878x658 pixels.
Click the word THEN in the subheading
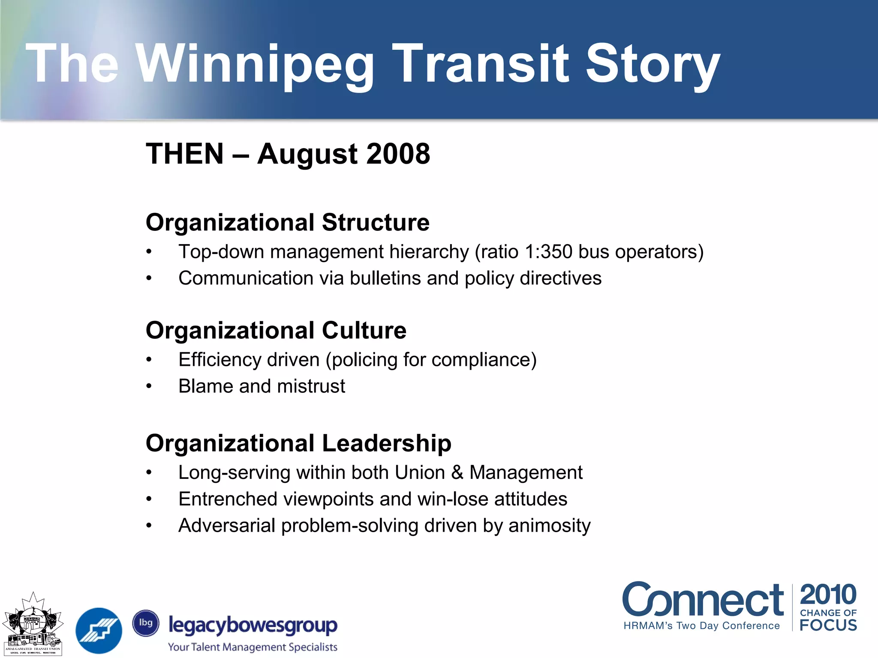tap(185, 154)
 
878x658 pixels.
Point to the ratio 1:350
tap(548, 252)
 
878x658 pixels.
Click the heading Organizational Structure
tap(287, 223)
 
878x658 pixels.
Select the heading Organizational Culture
tap(276, 331)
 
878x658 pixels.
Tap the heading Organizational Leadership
tap(298, 443)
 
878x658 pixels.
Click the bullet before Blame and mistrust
tap(149, 386)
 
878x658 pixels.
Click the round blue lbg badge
tap(146, 623)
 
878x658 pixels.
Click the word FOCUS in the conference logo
tap(828, 625)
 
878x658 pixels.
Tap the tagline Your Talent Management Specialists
tap(253, 647)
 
